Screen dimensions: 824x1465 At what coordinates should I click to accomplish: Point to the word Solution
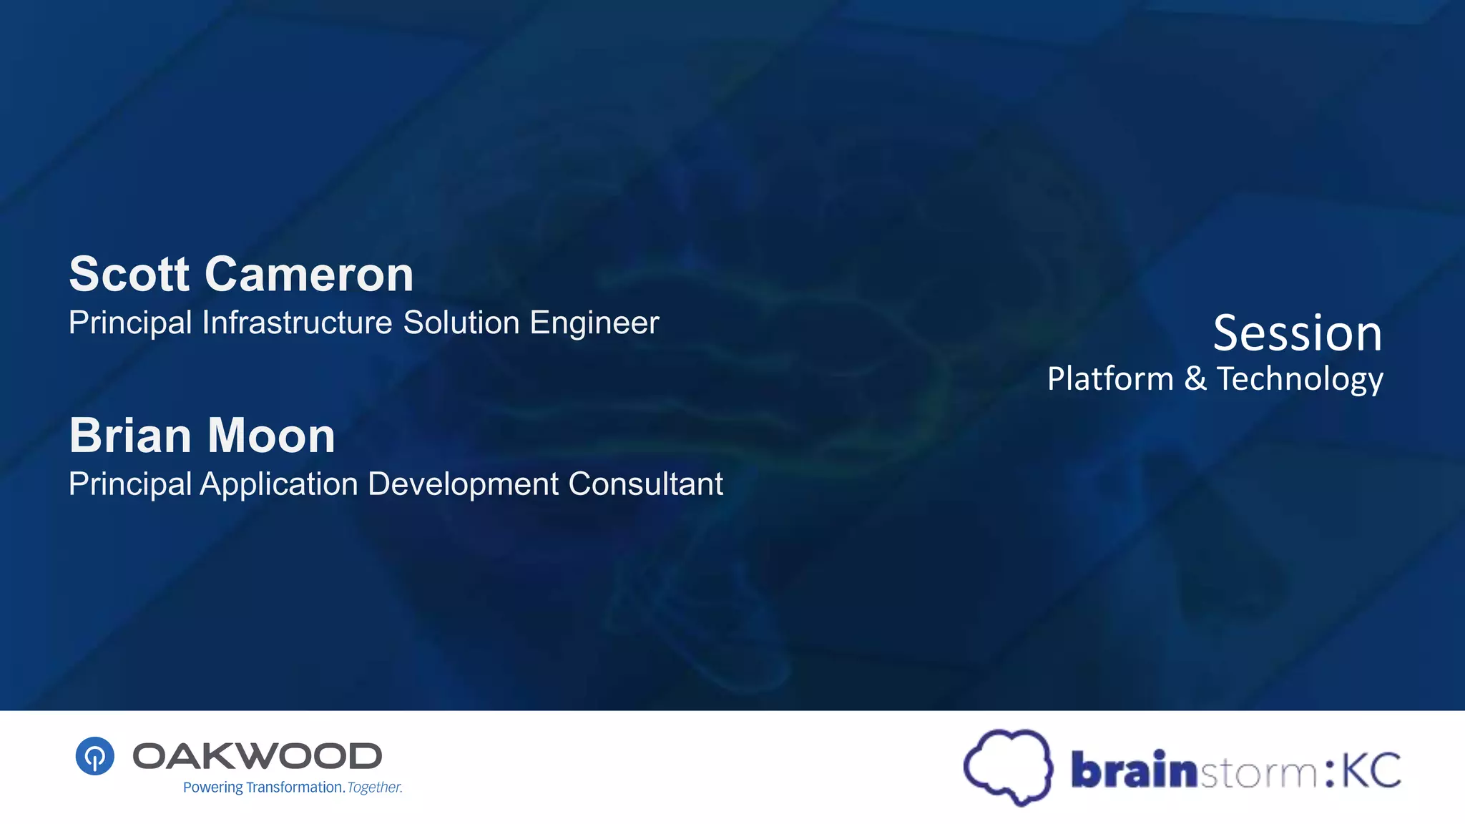click(x=461, y=323)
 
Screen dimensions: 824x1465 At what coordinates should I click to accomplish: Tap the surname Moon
click(x=272, y=436)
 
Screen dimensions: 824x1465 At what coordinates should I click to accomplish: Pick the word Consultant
click(x=646, y=484)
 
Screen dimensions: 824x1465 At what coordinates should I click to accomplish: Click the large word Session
click(x=1298, y=333)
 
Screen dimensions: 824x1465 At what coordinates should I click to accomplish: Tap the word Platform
click(x=1110, y=378)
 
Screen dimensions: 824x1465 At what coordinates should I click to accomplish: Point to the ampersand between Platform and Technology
click(x=1195, y=378)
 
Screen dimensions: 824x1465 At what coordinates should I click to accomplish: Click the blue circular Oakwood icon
click(x=95, y=756)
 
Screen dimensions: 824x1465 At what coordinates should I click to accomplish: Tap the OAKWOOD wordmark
click(x=258, y=756)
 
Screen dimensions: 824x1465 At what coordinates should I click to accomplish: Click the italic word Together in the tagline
click(x=375, y=788)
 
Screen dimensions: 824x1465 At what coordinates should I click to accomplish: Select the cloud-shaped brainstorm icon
click(x=1009, y=767)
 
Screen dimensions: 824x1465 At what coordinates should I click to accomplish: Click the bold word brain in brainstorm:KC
click(x=1134, y=770)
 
